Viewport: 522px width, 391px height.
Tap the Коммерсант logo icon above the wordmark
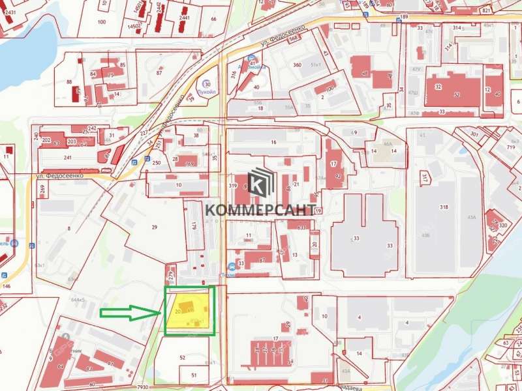click(x=261, y=182)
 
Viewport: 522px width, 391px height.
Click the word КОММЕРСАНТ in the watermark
click(x=261, y=209)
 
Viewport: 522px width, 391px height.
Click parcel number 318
click(x=444, y=207)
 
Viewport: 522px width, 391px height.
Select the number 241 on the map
click(x=67, y=157)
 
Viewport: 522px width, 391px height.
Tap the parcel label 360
click(x=297, y=65)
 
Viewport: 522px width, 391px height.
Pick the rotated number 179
click(x=194, y=227)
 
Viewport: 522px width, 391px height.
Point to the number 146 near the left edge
click(x=7, y=286)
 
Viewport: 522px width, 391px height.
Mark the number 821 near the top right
click(x=504, y=11)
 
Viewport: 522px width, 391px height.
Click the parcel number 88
click(x=69, y=81)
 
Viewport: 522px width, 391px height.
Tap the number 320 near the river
click(x=502, y=225)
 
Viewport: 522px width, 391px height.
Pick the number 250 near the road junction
click(x=157, y=162)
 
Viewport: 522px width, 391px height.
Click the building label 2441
click(x=184, y=18)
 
